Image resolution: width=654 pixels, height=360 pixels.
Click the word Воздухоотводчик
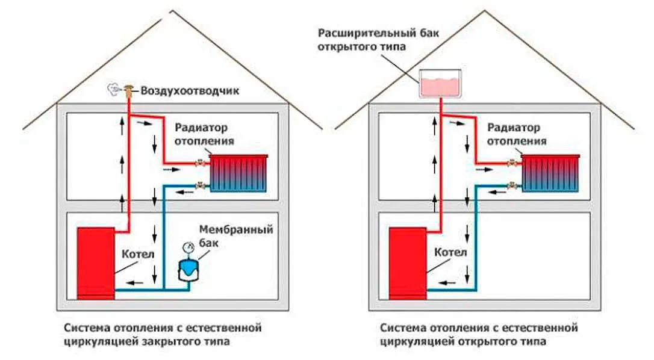tap(190, 92)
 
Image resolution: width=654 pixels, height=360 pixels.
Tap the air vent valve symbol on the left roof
tap(128, 92)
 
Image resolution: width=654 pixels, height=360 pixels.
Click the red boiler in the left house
tap(96, 262)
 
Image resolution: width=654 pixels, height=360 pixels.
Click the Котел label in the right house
tap(452, 253)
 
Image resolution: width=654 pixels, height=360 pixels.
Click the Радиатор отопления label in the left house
tap(204, 134)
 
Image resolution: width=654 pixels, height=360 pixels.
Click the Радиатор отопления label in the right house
tap(516, 134)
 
